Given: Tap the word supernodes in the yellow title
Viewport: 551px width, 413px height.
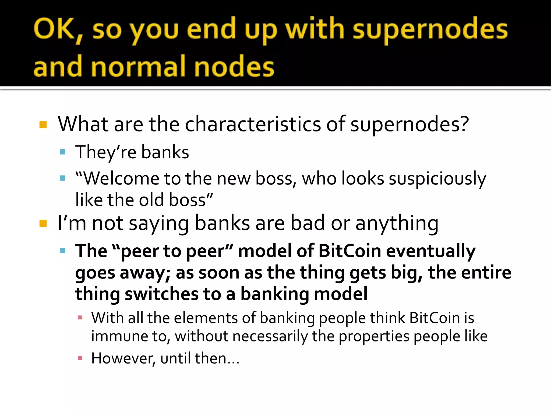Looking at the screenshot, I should (430, 30).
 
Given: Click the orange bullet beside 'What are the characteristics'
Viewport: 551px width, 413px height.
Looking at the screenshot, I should (43, 125).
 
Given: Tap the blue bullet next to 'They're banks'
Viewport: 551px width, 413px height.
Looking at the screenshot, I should (63, 152).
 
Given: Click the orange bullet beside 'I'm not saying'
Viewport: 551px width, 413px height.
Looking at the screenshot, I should (43, 223).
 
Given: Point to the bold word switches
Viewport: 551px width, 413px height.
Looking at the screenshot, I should (161, 294).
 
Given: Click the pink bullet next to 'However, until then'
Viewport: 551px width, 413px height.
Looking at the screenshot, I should (80, 358).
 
